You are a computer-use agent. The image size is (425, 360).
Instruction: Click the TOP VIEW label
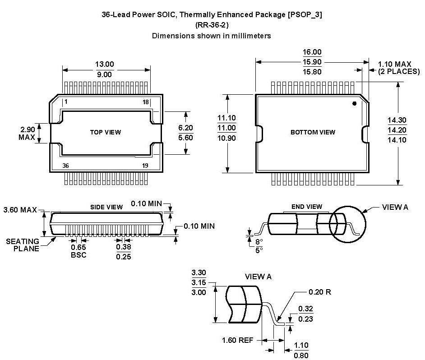[106, 132]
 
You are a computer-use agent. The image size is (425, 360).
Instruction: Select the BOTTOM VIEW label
[313, 132]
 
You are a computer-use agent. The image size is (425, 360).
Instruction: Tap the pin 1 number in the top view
[66, 102]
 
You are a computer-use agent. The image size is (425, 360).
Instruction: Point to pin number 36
[66, 166]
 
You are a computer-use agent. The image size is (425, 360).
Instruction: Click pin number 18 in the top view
[145, 102]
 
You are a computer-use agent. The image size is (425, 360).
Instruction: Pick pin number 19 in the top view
[145, 166]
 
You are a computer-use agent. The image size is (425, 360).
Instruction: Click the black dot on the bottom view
[354, 103]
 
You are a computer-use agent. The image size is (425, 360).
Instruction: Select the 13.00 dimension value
[105, 64]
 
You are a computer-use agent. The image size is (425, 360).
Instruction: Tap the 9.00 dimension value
[105, 74]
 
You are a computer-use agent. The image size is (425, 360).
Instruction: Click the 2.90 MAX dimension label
[27, 133]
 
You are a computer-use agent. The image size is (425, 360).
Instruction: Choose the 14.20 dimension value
[397, 130]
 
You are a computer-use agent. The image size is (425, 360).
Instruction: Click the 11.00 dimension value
[226, 128]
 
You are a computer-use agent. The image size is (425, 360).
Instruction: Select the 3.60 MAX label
[20, 210]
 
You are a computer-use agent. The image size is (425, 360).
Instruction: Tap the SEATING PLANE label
[23, 245]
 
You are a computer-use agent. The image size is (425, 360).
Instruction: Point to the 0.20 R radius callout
[320, 292]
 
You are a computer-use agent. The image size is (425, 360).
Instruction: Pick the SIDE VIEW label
[106, 207]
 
